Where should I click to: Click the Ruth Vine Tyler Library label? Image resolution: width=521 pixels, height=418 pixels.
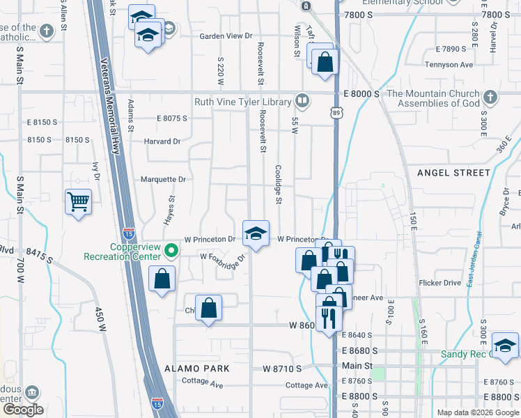242,102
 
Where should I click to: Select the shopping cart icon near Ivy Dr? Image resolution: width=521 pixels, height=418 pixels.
78,202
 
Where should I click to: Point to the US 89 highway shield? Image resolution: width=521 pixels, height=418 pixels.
336,112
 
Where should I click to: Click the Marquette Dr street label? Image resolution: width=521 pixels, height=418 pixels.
163,179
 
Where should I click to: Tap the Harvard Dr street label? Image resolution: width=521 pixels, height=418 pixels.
162,141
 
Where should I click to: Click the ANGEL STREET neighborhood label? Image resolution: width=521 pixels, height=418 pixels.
453,172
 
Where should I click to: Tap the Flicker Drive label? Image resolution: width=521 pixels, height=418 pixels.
440,283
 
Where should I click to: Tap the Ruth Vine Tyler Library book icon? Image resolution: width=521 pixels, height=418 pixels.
302,102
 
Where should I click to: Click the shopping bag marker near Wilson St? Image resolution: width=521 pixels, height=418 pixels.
325,62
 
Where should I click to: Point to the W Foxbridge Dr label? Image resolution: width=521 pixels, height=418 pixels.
223,257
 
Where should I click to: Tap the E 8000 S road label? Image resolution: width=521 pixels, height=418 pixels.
361,93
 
